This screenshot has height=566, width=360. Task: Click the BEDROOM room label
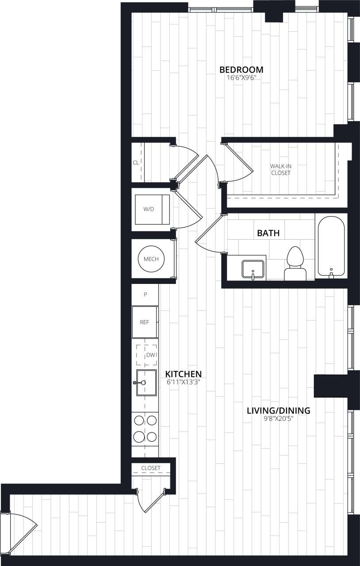[x=241, y=69]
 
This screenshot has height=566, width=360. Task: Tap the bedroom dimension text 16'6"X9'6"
[x=241, y=77]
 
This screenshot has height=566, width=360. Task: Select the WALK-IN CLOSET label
[x=281, y=169]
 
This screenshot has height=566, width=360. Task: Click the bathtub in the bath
[x=331, y=247]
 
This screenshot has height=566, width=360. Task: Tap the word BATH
[x=268, y=233]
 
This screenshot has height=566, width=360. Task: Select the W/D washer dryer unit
[x=152, y=209]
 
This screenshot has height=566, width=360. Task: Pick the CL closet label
[x=136, y=162]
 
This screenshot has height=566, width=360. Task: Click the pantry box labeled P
[x=145, y=294]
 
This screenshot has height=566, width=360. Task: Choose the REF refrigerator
[x=145, y=322]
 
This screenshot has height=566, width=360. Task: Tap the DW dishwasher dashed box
[x=147, y=355]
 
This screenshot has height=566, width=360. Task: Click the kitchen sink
[x=146, y=382]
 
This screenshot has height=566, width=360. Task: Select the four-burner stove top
[x=145, y=428]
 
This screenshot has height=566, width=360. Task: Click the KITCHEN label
[x=184, y=374]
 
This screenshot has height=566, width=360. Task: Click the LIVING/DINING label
[x=278, y=410]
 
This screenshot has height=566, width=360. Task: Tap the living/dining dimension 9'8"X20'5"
[x=278, y=418]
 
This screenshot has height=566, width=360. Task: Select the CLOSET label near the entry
[x=151, y=468]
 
